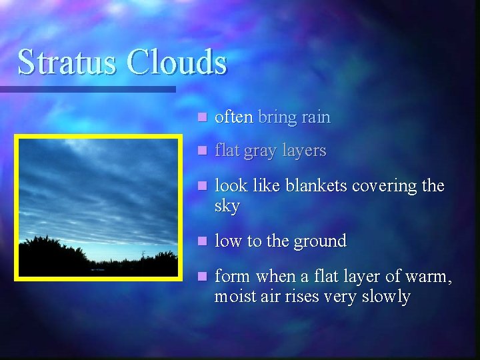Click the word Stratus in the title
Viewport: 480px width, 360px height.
[67, 62]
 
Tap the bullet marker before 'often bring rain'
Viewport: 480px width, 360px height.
[202, 117]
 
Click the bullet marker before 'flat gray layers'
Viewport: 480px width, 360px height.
[202, 151]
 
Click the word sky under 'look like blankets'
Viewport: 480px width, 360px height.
[227, 206]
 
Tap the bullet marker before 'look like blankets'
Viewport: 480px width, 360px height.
[202, 185]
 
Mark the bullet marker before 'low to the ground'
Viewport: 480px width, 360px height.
[202, 241]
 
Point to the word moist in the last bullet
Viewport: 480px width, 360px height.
[234, 296]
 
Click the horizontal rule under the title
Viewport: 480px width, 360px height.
[87, 89]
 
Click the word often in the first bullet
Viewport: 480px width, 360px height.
[233, 117]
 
